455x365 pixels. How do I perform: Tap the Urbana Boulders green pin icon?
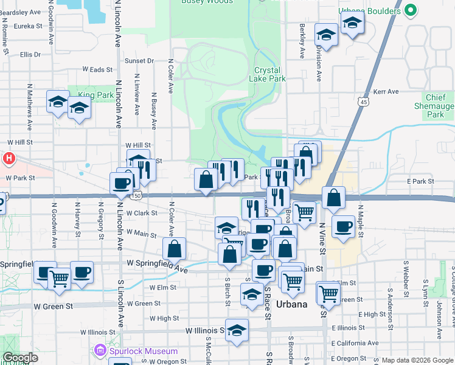(411, 10)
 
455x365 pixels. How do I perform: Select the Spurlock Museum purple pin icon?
(100, 351)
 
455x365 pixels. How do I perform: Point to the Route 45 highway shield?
(363, 101)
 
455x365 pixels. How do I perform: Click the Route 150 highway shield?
(138, 195)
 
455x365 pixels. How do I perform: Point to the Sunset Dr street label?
(139, 61)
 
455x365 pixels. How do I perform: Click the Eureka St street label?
(28, 26)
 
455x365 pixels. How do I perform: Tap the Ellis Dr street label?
(30, 55)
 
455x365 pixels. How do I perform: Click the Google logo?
(20, 358)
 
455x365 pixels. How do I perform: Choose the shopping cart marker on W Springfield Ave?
(60, 280)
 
